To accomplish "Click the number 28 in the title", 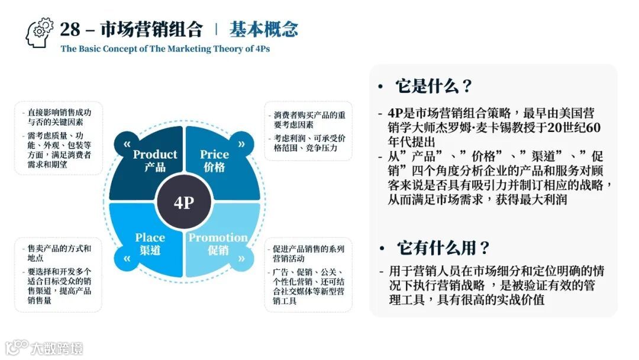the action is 70,29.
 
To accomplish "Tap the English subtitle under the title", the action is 165,49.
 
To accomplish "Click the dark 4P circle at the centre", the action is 184,202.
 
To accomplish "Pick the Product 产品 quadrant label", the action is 155,160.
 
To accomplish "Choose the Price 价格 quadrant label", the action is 214,160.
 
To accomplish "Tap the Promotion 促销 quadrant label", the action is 218,243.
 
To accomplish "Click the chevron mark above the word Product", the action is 127,144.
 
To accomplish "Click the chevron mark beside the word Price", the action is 241,144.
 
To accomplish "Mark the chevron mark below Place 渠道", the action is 127,259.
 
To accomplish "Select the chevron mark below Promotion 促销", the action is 241,259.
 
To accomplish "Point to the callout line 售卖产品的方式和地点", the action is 59,253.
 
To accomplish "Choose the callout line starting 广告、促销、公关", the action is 308,286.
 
